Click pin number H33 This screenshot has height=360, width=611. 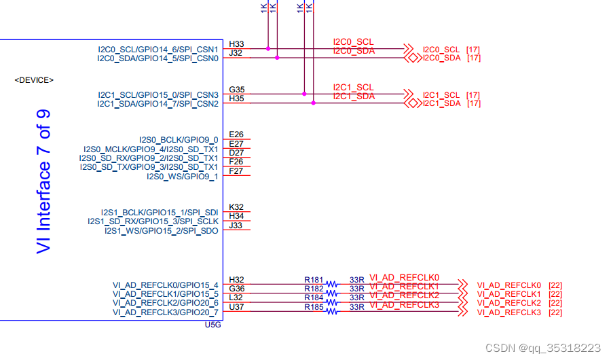[x=236, y=44]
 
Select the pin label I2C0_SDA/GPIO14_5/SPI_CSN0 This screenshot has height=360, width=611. [x=158, y=58]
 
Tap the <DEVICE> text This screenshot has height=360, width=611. [x=34, y=80]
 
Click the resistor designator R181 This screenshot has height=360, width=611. [x=314, y=280]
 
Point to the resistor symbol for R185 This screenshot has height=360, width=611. [x=332, y=311]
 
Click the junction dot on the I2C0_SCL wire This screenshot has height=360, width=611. [x=268, y=49]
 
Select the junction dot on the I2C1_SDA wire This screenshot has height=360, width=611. [x=313, y=103]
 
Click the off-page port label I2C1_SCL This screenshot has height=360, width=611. [x=441, y=94]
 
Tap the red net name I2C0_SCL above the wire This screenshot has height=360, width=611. [x=353, y=42]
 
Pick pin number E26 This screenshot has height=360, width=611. [x=236, y=134]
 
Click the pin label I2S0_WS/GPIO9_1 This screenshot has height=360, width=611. [x=182, y=177]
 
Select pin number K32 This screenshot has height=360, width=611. [x=236, y=207]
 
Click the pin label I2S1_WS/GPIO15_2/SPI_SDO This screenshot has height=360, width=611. [x=161, y=231]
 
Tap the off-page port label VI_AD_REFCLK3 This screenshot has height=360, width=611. [x=508, y=312]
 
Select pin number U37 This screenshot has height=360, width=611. [x=236, y=307]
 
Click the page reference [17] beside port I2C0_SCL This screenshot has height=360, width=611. [x=473, y=50]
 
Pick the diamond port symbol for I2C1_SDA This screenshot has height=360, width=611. [x=412, y=103]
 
